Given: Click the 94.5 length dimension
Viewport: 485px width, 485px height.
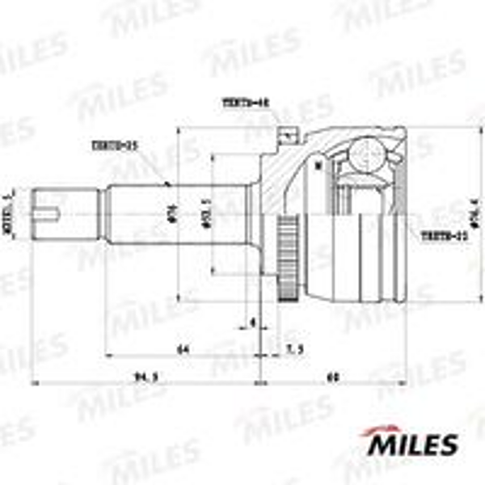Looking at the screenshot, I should pos(145,375).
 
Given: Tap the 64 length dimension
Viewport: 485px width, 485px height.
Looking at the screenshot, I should pos(183,349).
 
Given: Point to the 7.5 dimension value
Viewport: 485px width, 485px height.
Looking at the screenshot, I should pos(294,349).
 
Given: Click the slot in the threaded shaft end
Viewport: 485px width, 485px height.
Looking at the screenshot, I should pos(51,214).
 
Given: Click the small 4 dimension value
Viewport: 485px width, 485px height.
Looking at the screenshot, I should pos(253,323).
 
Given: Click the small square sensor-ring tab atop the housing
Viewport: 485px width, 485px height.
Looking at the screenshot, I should pos(285,134).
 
